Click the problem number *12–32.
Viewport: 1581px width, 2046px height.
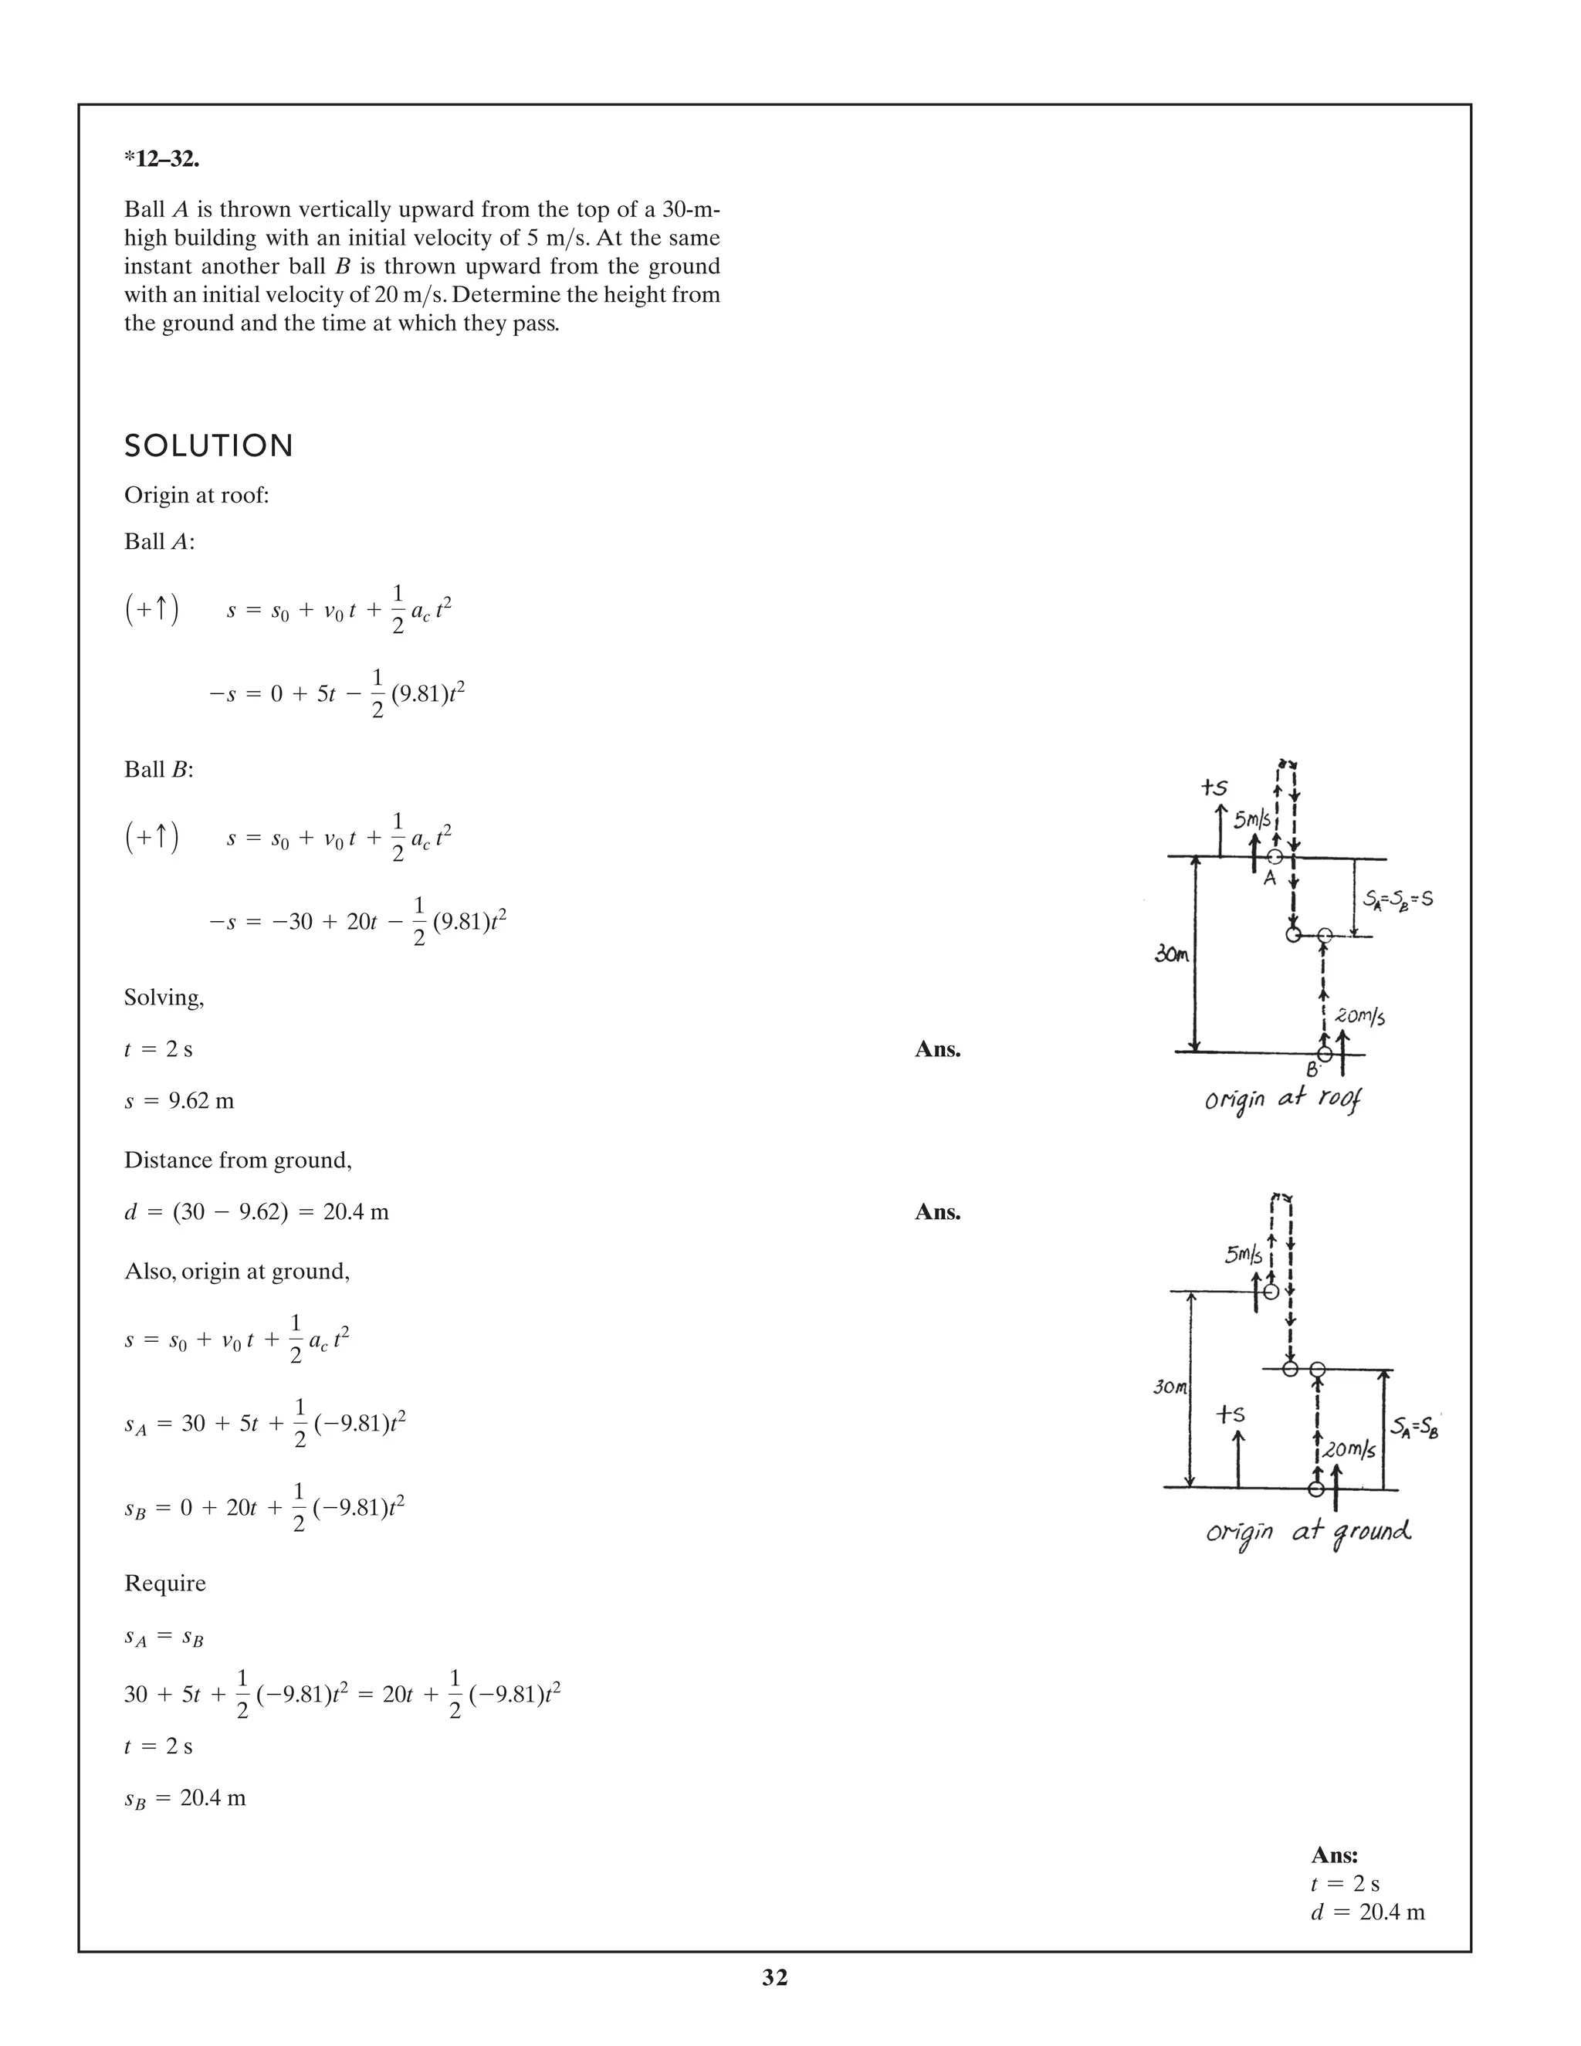161,159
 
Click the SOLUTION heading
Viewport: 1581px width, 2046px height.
209,446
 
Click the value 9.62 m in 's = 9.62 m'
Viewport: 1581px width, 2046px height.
201,1101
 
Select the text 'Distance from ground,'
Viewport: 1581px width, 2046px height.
238,1160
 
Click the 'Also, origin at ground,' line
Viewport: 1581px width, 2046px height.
237,1272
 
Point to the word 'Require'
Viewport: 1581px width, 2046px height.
165,1584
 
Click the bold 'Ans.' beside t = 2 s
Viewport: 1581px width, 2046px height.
937,1049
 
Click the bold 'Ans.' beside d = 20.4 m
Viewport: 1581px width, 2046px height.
937,1212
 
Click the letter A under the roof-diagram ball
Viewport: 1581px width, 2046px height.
1270,878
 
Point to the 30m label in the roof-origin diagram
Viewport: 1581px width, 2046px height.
1171,956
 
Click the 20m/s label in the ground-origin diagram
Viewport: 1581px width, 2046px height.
1349,1450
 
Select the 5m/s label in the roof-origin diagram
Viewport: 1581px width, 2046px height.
1251,820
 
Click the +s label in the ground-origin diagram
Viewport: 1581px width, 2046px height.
1230,1414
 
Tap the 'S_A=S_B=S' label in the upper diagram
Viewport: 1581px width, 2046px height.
1397,900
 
